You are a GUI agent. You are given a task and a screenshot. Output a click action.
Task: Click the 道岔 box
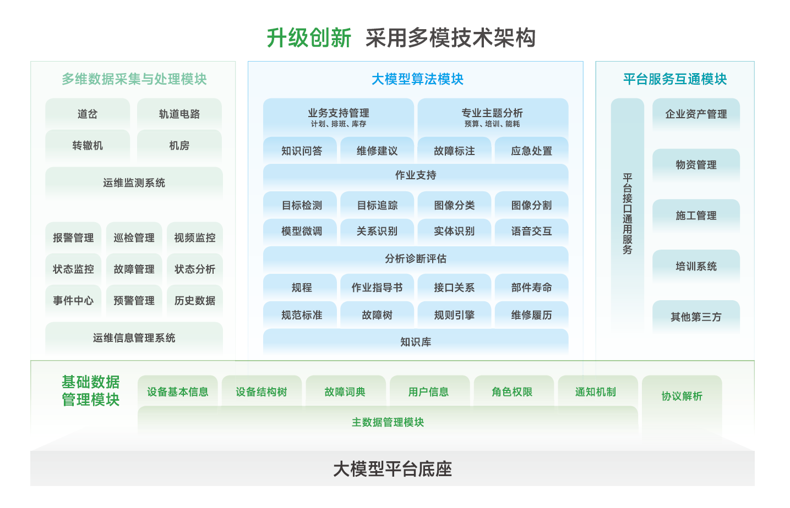(88, 114)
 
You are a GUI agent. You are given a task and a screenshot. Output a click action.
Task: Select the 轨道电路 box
(179, 114)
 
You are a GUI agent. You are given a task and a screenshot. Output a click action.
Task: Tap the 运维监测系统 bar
(134, 183)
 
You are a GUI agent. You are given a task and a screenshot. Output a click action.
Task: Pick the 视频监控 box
(195, 238)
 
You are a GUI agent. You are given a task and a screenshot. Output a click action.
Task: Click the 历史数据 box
(195, 300)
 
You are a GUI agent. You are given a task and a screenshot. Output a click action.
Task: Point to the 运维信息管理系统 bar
(134, 338)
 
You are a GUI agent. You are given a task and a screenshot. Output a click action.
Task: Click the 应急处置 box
(531, 151)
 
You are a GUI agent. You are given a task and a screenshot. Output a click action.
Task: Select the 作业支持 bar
(416, 175)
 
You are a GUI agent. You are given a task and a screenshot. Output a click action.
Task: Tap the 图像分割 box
(531, 205)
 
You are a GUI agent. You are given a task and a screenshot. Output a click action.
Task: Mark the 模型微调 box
(301, 231)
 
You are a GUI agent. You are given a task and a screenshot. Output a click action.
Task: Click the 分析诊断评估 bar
(416, 258)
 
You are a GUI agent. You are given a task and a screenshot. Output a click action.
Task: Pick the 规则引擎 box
(454, 315)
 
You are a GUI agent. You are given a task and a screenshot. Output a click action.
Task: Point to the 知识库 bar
(416, 342)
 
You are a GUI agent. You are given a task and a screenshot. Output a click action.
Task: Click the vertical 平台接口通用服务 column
(627, 214)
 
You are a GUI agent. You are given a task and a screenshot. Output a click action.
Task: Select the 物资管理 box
(696, 164)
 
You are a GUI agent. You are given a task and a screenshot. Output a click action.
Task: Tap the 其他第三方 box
(696, 317)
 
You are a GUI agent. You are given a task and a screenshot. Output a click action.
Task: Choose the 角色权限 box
(512, 391)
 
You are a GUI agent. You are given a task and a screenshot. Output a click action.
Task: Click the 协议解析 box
(682, 396)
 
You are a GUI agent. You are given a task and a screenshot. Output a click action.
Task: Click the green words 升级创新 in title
(309, 38)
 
